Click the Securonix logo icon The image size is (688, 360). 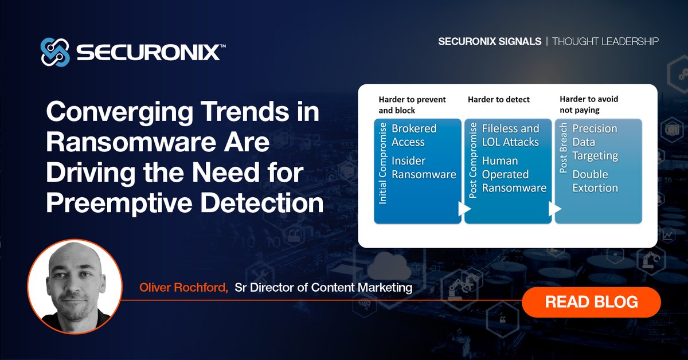tap(55, 52)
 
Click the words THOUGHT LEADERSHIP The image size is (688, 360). tap(605, 41)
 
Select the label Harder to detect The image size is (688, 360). tap(498, 99)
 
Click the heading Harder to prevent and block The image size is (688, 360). tap(412, 104)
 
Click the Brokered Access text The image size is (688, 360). tap(414, 135)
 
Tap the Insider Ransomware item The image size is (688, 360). tap(423, 168)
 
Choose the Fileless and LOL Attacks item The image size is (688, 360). tap(510, 135)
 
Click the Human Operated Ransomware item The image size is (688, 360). tap(514, 174)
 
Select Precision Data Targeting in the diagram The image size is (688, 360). tap(595, 142)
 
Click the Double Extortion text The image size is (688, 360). tap(595, 181)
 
